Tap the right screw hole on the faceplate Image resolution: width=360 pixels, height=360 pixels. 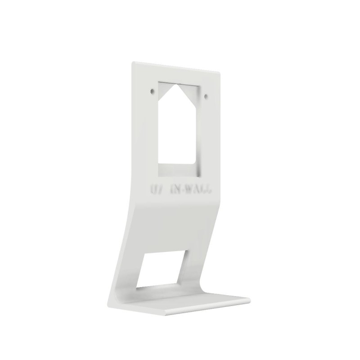coord(206,96)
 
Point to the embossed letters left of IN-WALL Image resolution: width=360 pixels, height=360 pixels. coord(154,188)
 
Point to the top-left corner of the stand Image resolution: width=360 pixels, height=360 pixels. coord(133,63)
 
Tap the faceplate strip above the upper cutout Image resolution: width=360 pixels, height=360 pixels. coord(178,72)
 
